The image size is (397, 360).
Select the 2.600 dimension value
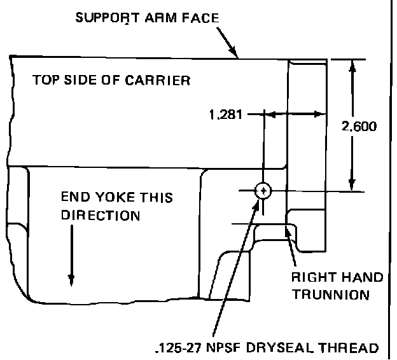click(359, 126)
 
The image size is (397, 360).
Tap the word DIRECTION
click(100, 215)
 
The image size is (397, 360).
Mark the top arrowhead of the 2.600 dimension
click(351, 64)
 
